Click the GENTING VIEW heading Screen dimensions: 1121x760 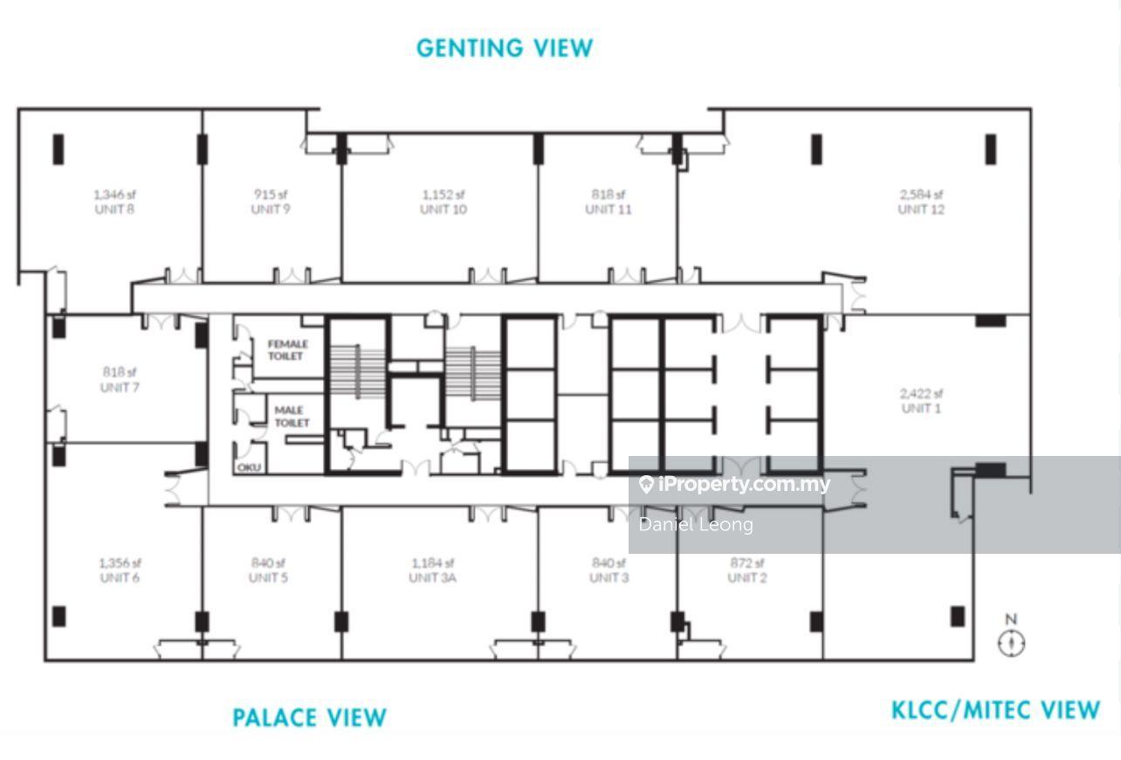(x=505, y=48)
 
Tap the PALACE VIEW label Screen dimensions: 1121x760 (x=309, y=717)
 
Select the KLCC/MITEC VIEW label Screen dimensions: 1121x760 (x=995, y=710)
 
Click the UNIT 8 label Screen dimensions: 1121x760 (x=114, y=210)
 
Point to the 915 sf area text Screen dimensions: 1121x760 (x=271, y=194)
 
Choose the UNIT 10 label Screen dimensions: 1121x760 (x=444, y=210)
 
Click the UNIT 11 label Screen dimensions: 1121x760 (x=608, y=210)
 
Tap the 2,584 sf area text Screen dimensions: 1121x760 (x=921, y=194)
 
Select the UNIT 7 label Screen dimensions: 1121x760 (x=120, y=388)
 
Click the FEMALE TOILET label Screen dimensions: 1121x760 (x=287, y=350)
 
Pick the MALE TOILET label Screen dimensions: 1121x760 (x=292, y=417)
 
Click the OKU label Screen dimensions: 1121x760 (x=249, y=467)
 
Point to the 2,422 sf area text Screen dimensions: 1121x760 (x=921, y=393)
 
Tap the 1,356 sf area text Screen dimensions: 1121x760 (x=120, y=563)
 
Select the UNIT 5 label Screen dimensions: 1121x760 (x=268, y=577)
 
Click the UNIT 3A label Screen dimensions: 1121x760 (x=432, y=577)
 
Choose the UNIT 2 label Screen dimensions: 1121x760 (x=747, y=577)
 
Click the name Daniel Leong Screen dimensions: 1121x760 (x=696, y=525)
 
